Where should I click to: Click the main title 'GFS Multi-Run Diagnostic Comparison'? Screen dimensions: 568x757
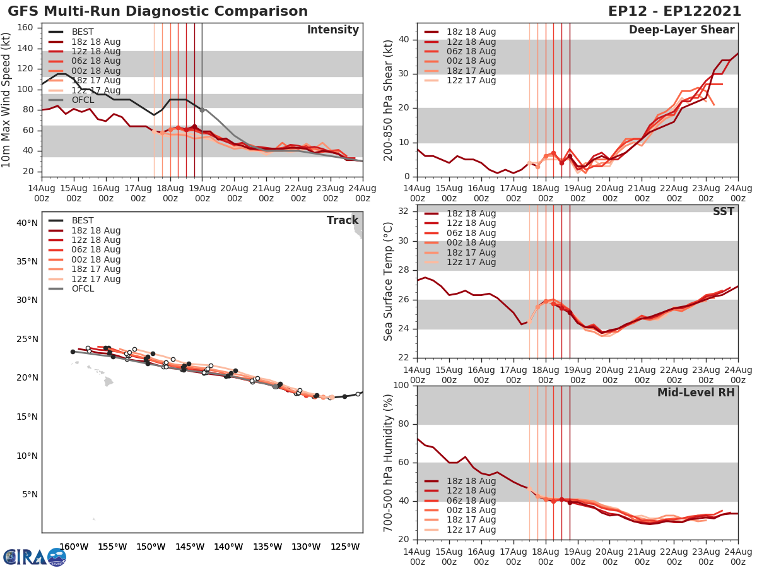(158, 11)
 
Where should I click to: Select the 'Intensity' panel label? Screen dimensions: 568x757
(332, 30)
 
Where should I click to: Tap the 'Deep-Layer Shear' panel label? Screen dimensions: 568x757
(681, 30)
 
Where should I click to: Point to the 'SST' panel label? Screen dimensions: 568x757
(723, 211)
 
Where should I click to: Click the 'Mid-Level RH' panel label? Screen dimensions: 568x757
(696, 393)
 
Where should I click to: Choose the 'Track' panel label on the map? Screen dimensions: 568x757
(343, 220)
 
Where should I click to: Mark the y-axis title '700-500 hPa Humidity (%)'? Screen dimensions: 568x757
(389, 462)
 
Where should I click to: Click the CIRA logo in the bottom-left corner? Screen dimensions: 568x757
(35, 557)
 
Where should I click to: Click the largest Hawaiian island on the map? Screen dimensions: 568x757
(108, 382)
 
